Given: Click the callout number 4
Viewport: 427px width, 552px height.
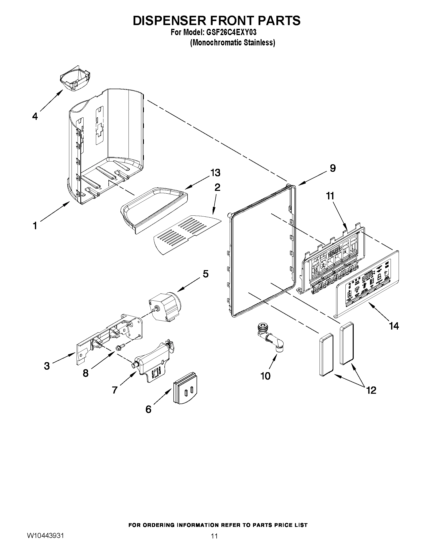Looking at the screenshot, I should click(x=35, y=117).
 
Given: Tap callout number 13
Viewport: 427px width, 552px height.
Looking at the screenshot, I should click(x=216, y=173).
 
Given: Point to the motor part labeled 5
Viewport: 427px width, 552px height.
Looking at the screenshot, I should click(x=165, y=306).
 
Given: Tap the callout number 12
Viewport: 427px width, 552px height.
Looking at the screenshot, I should click(x=371, y=390).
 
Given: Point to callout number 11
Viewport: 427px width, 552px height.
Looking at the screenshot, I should click(x=330, y=196).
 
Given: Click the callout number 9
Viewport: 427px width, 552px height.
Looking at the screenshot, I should click(x=333, y=168).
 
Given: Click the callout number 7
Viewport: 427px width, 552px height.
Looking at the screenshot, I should click(x=114, y=390).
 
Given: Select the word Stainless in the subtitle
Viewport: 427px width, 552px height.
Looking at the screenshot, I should click(x=260, y=43).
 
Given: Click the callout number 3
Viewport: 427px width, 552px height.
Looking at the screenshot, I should click(x=47, y=366).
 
